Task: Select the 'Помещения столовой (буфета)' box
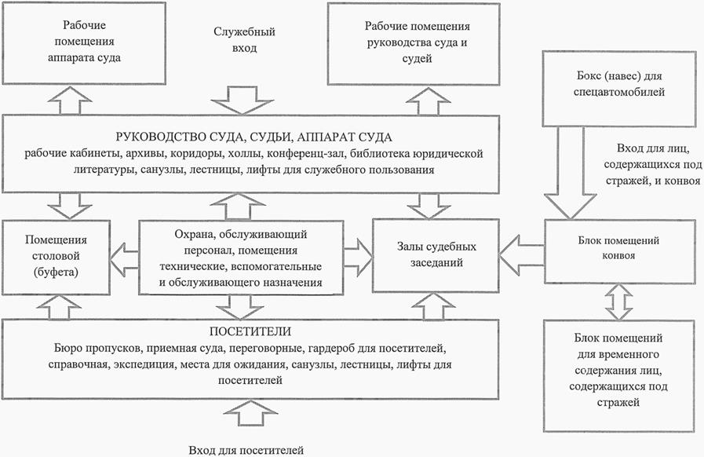[x=56, y=256]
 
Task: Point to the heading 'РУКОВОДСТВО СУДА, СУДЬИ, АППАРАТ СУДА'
[x=250, y=136]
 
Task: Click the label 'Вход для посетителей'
[x=246, y=450]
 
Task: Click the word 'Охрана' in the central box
[x=191, y=234]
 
